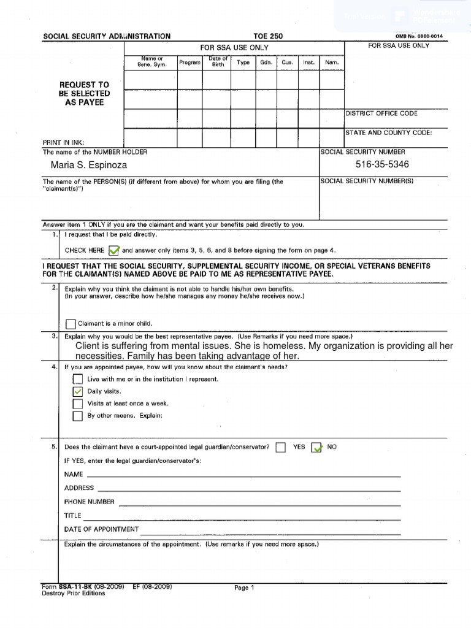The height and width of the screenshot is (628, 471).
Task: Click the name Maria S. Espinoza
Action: (x=90, y=166)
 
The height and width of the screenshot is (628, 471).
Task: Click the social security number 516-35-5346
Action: (x=382, y=164)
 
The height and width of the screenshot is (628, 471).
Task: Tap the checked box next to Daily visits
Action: (x=77, y=391)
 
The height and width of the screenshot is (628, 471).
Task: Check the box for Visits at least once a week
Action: (x=77, y=404)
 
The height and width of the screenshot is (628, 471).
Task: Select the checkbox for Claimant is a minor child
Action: (x=71, y=324)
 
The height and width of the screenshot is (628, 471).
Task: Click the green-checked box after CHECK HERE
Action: (x=113, y=250)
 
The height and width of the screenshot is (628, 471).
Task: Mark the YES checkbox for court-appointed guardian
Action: (x=280, y=447)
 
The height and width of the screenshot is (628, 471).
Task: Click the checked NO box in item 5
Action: (x=316, y=447)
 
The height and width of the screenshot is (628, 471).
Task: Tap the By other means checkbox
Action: (x=77, y=416)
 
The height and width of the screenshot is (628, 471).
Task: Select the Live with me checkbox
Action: (x=77, y=379)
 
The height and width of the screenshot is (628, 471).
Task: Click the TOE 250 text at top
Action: (x=268, y=37)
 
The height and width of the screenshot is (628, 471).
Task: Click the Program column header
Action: (x=190, y=63)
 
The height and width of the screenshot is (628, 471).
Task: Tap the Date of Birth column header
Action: (x=218, y=62)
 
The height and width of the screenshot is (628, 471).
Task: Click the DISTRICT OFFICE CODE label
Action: (x=381, y=113)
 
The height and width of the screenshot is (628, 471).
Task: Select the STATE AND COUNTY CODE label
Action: (x=388, y=132)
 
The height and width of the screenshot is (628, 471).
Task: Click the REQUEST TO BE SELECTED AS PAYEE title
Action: (x=84, y=94)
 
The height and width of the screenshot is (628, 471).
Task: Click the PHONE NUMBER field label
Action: (x=89, y=502)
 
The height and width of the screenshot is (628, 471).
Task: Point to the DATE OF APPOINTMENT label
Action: (x=101, y=529)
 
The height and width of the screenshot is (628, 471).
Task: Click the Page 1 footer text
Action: (x=243, y=588)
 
